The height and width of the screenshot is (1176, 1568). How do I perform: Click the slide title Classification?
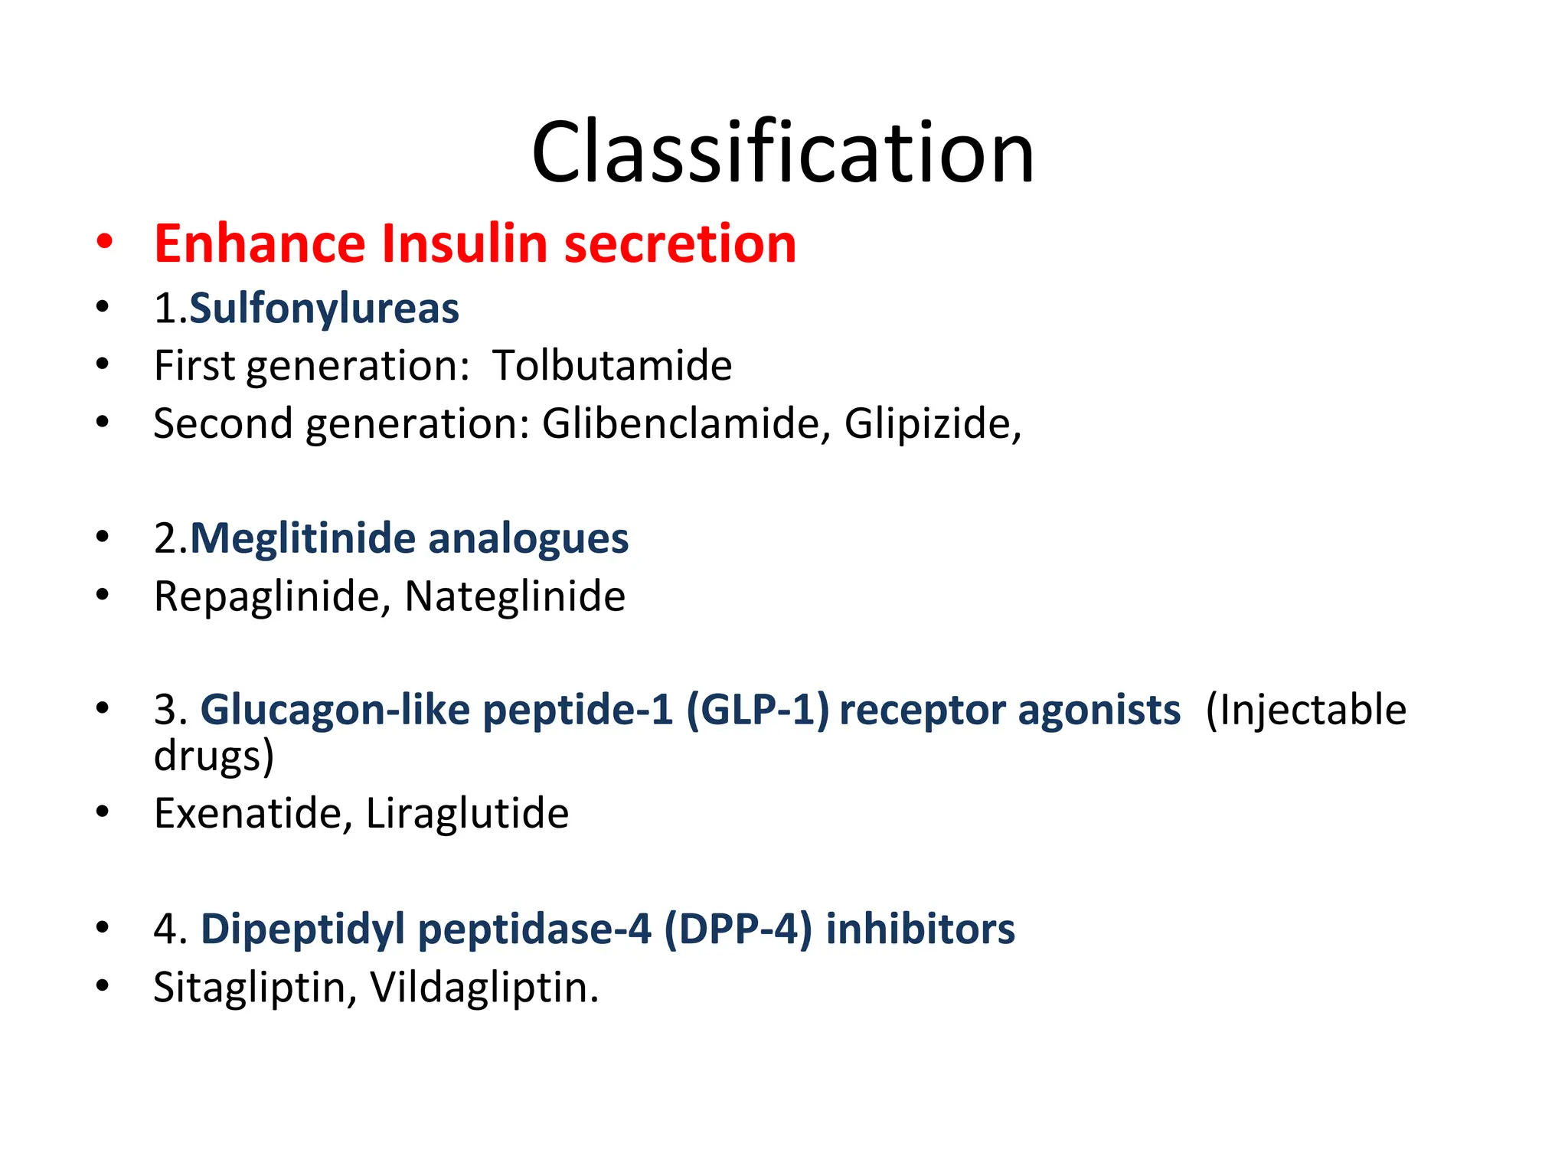(x=782, y=153)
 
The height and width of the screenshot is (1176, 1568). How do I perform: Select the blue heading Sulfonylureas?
(x=324, y=309)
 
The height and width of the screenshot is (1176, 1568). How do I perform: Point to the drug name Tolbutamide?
(x=612, y=366)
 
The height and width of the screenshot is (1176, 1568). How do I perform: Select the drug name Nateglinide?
(x=514, y=597)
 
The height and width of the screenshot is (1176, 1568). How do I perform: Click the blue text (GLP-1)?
(x=757, y=710)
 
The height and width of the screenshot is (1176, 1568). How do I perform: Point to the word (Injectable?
(x=1305, y=710)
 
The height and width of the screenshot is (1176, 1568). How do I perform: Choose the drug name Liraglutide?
(x=467, y=813)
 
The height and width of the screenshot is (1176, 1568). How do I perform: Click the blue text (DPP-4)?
(x=737, y=929)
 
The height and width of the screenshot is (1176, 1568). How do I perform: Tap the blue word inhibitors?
(x=920, y=929)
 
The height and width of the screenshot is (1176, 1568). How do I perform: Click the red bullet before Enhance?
(x=105, y=242)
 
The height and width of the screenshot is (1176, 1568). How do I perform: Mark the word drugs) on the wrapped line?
(x=214, y=756)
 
